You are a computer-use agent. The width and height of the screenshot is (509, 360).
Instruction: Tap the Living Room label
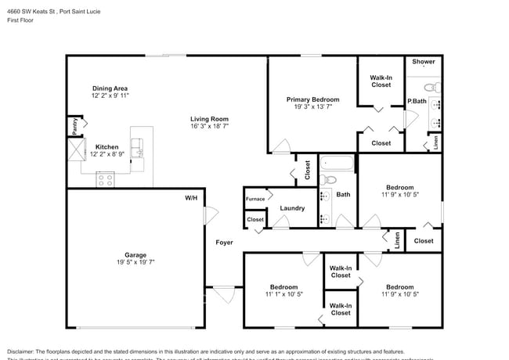[209, 119]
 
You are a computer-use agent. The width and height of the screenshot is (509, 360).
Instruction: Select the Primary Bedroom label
[312, 99]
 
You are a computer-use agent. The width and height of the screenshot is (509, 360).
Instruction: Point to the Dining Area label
[110, 88]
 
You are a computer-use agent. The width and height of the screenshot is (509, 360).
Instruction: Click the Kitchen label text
[106, 146]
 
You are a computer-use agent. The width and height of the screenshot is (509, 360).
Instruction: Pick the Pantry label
[74, 126]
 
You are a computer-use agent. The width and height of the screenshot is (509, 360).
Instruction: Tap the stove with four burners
[105, 179]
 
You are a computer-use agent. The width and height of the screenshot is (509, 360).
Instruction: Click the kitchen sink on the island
[138, 145]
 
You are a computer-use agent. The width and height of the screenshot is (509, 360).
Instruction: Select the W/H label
[191, 198]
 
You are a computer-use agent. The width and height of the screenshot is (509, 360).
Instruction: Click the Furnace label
[255, 199]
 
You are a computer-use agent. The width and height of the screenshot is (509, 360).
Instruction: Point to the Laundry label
[292, 208]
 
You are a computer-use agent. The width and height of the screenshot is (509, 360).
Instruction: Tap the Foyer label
[225, 243]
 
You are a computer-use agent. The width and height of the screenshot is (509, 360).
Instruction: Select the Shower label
[423, 61]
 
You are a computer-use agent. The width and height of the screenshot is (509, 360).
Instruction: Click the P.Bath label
[416, 101]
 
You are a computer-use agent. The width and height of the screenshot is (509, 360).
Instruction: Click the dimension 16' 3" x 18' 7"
[209, 128]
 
